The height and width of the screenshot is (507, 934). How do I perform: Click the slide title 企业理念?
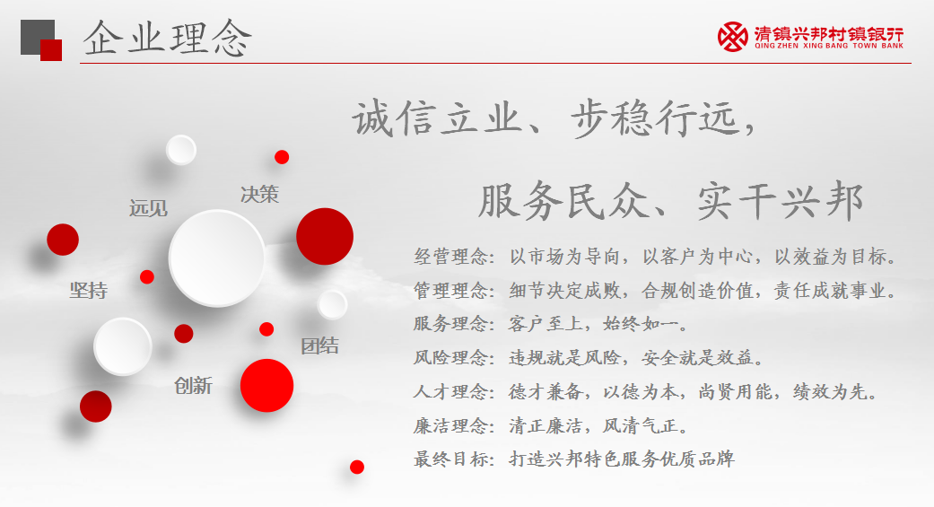click(168, 38)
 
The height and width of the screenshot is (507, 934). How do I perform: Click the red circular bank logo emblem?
click(733, 37)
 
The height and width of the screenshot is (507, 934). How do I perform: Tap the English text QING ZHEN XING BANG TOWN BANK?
click(828, 45)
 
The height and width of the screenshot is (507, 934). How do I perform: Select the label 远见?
click(148, 208)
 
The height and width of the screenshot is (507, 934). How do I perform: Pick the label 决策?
click(259, 194)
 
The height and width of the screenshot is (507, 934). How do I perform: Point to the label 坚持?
click(89, 290)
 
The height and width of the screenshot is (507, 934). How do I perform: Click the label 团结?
click(320, 345)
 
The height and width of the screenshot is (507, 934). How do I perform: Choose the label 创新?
click(193, 386)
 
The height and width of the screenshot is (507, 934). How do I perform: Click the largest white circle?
click(217, 258)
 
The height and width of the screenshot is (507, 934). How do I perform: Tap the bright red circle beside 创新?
click(266, 386)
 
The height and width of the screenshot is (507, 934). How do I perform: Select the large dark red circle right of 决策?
click(325, 237)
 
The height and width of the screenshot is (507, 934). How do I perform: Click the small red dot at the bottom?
click(357, 468)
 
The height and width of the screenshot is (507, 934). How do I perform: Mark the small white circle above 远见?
click(181, 150)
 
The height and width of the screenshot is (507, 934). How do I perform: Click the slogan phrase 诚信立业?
click(437, 118)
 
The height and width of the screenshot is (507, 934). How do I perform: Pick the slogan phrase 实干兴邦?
click(781, 201)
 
